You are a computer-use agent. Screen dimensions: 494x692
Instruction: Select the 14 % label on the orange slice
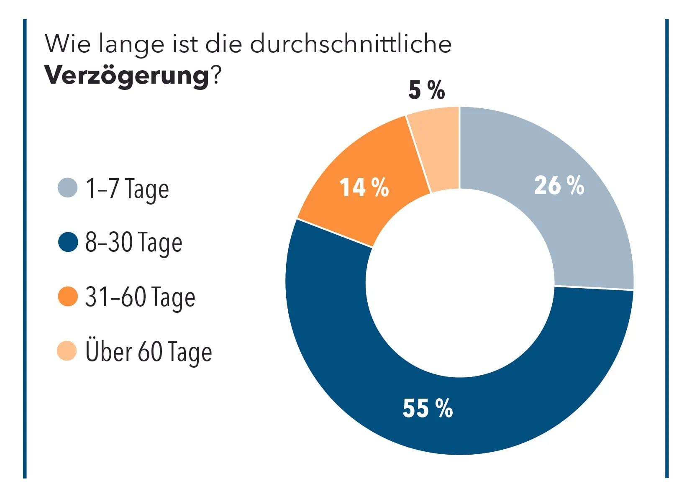(x=364, y=187)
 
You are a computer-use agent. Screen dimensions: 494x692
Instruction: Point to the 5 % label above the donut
(x=426, y=90)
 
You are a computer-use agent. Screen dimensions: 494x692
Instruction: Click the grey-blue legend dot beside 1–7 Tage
(x=67, y=187)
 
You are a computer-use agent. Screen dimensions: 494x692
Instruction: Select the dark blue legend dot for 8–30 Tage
(x=68, y=242)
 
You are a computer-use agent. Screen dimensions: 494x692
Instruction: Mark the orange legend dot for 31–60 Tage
(x=67, y=297)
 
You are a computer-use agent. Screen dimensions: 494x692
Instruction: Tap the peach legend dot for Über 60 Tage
(x=67, y=351)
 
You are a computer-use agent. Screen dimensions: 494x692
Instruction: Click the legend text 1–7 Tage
(x=127, y=189)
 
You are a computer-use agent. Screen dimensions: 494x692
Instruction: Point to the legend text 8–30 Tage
(x=133, y=243)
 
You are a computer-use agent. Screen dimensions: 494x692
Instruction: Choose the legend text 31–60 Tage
(x=140, y=297)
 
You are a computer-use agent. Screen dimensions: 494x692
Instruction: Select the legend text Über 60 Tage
(x=149, y=352)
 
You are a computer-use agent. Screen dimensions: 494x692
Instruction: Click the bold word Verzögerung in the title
(x=127, y=76)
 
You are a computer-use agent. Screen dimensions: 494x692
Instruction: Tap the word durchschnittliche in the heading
(x=351, y=44)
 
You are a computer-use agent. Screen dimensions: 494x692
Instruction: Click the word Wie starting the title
(x=67, y=44)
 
